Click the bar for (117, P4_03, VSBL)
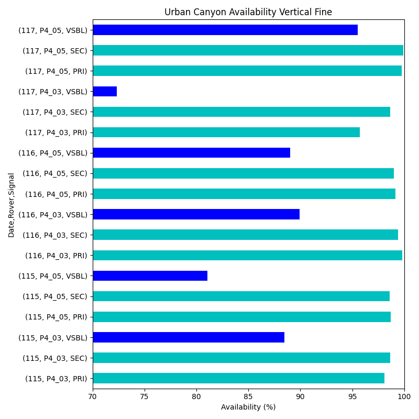[x=105, y=92]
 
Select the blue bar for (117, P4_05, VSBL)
[x=225, y=30]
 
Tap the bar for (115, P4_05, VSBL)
[x=150, y=275]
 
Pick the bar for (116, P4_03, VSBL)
[x=196, y=214]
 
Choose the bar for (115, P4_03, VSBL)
[x=189, y=337]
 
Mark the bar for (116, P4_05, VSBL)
[x=191, y=153]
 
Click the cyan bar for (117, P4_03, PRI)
[x=226, y=133]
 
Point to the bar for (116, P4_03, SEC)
[x=245, y=235]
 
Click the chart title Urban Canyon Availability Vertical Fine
[x=248, y=12]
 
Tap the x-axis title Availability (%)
[x=248, y=407]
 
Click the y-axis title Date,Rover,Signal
[x=12, y=205]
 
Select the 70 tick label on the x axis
[x=93, y=397]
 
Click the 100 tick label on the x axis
[x=404, y=397]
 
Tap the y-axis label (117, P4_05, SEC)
[x=55, y=51]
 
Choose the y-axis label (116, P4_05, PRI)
[x=56, y=194]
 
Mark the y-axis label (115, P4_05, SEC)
[x=55, y=296]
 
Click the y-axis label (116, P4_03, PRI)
[x=56, y=256]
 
